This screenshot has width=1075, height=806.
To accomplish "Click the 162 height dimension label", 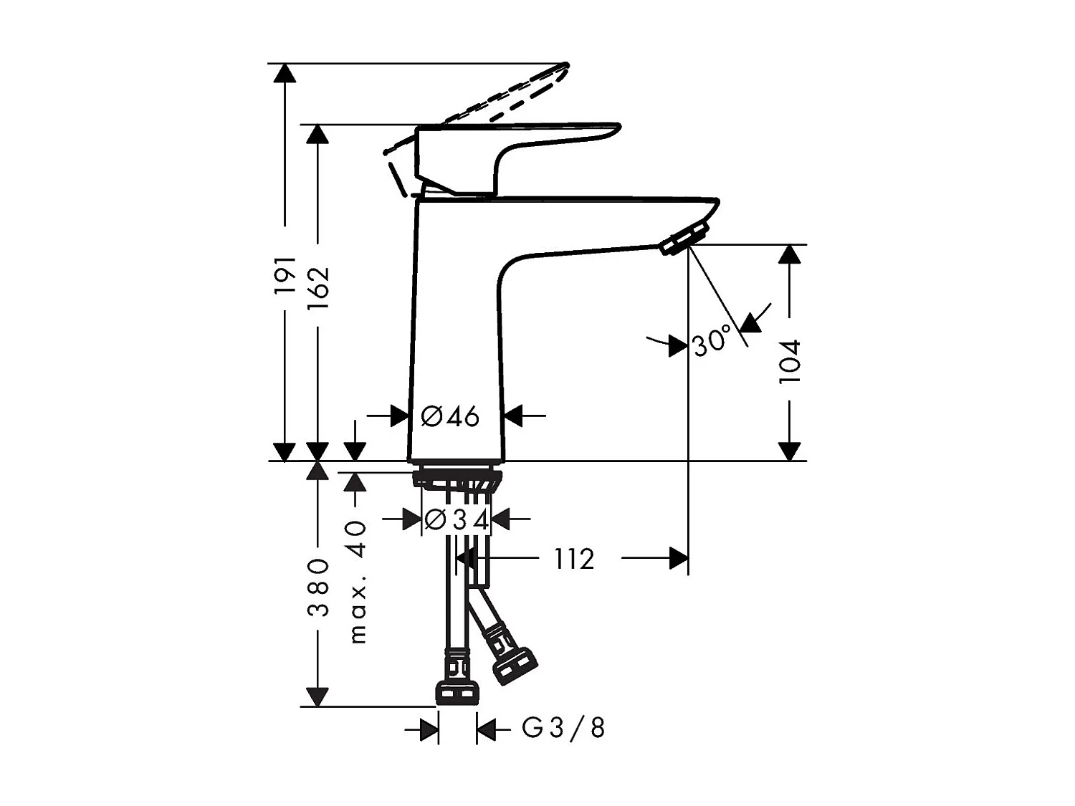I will pyautogui.click(x=317, y=287).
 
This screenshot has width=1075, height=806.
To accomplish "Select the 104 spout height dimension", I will pyautogui.click(x=789, y=362).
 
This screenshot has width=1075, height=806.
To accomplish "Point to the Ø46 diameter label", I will pyautogui.click(x=450, y=416).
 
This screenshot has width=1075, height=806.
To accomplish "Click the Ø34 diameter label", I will pyautogui.click(x=457, y=519).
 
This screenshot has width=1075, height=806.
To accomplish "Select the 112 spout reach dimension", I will pyautogui.click(x=574, y=559).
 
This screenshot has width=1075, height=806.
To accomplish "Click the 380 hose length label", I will pyautogui.click(x=317, y=587).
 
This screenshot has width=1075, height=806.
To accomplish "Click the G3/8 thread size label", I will pyautogui.click(x=563, y=729).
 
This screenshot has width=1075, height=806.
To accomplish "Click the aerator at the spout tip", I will pyautogui.click(x=685, y=238).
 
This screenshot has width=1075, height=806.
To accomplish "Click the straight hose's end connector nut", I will pyautogui.click(x=457, y=692).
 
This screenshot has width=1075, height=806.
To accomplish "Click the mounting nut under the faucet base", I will pyautogui.click(x=457, y=478).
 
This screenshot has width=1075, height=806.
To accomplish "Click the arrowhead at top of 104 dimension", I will pyautogui.click(x=789, y=254).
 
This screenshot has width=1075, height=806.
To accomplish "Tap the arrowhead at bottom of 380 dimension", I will pyautogui.click(x=317, y=697).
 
